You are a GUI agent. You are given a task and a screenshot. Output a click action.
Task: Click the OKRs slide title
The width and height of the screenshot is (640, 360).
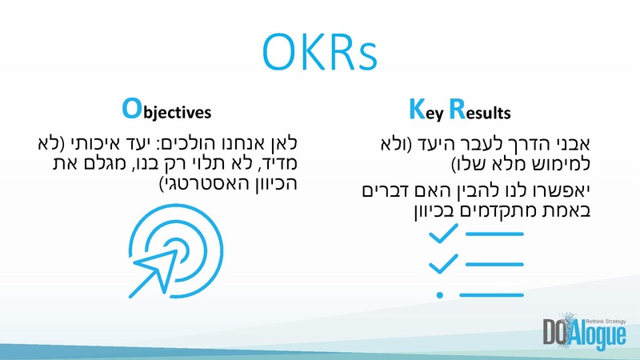click(320, 51)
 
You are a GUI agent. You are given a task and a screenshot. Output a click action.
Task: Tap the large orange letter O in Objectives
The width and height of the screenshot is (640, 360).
click(130, 107)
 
